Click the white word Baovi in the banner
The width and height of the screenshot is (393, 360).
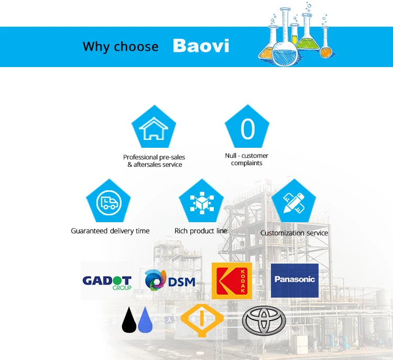201,46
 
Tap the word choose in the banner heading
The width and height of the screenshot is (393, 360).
136,47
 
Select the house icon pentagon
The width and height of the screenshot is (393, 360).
154,126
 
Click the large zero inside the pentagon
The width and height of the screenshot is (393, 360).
248,128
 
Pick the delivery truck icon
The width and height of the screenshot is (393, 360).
109,203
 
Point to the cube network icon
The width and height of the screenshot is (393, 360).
202,203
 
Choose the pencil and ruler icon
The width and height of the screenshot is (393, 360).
294,203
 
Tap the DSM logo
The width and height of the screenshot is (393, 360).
170,280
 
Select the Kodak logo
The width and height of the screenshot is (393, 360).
232,281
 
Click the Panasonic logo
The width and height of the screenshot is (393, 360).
294,280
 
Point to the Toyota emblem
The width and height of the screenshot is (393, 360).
264,320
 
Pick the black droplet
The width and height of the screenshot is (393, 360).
129,320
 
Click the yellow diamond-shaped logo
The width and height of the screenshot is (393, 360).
202,320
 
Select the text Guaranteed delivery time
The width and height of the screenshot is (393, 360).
110,231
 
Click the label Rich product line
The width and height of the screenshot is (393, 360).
201,231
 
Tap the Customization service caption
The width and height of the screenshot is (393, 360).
294,233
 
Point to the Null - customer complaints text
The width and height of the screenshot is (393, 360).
247,159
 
